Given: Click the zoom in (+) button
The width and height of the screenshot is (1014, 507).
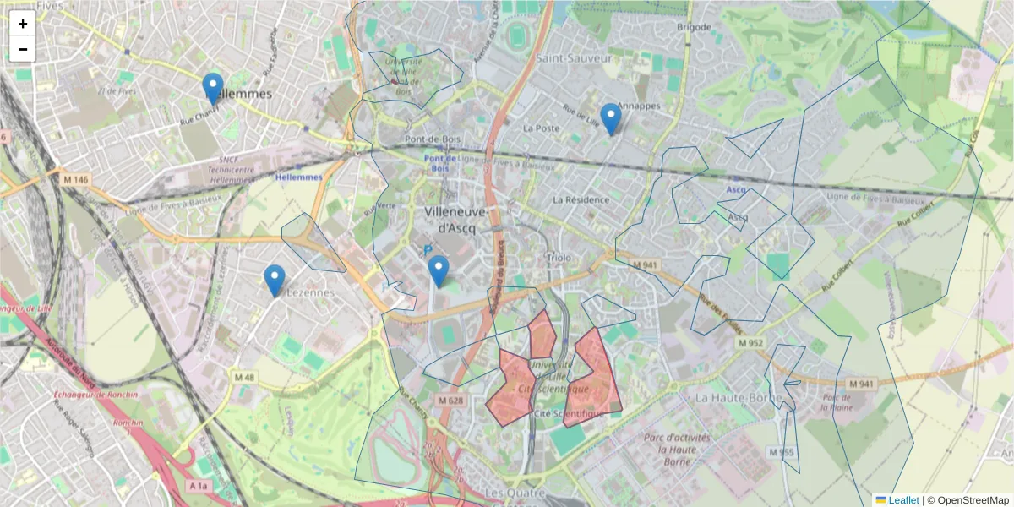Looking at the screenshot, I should pyautogui.click(x=23, y=24).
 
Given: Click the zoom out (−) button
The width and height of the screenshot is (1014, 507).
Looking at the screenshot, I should pyautogui.click(x=23, y=49).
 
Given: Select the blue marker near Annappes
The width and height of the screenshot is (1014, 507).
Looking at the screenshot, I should pyautogui.click(x=610, y=119).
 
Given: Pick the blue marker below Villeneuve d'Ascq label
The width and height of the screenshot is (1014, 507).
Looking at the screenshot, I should pyautogui.click(x=438, y=271).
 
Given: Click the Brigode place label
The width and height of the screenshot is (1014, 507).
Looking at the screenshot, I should pyautogui.click(x=695, y=27).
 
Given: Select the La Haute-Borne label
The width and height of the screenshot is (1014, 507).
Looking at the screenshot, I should pyautogui.click(x=729, y=396).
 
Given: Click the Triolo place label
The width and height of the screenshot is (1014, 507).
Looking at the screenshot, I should pyautogui.click(x=559, y=257).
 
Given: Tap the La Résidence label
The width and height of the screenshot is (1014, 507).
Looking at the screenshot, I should pyautogui.click(x=581, y=200).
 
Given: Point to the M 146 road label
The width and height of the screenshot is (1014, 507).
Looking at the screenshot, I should pyautogui.click(x=74, y=178).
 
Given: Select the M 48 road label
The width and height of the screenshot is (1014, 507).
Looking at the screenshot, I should pyautogui.click(x=244, y=377).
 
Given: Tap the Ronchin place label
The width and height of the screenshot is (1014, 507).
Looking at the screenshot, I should pyautogui.click(x=128, y=422).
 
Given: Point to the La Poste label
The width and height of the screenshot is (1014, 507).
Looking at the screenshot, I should pyautogui.click(x=542, y=128).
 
